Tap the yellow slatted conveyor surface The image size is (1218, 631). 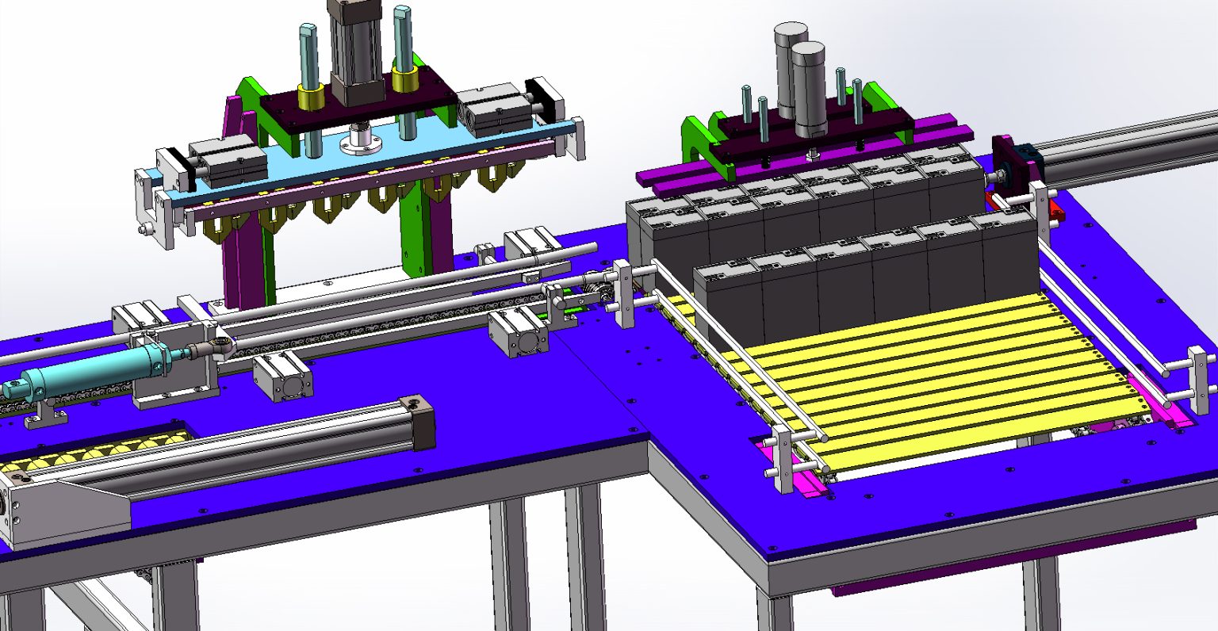[x=936, y=365]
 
